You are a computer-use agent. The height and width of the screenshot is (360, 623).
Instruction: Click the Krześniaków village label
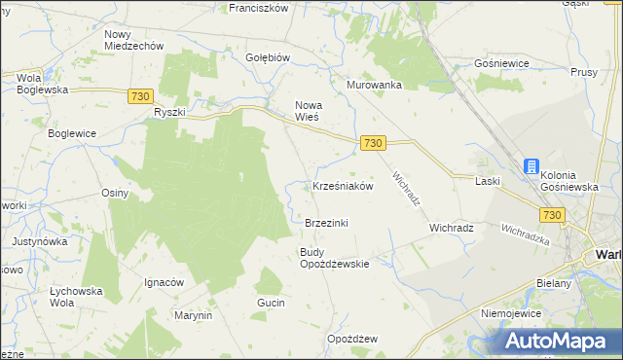point(343,186)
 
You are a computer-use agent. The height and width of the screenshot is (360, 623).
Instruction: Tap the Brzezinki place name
point(326,223)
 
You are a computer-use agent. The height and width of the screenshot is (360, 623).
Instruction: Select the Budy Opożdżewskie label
point(334,258)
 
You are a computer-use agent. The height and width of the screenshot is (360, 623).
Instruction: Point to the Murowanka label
point(375,85)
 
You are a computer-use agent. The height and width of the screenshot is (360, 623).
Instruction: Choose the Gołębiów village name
point(269,57)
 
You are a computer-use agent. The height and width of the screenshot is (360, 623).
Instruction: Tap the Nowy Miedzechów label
point(133,40)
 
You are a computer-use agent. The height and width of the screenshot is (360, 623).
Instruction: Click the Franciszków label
point(259,7)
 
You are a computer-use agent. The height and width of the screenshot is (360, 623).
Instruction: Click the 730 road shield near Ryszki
point(140,95)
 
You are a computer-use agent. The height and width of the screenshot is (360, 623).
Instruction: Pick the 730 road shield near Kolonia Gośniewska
point(553,214)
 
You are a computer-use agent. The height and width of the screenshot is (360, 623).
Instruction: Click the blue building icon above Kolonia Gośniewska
point(532,166)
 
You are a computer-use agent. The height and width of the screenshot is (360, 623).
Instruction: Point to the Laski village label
point(488,181)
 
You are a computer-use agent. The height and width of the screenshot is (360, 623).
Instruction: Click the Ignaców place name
point(165,282)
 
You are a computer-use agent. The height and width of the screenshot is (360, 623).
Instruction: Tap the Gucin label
point(271,304)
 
